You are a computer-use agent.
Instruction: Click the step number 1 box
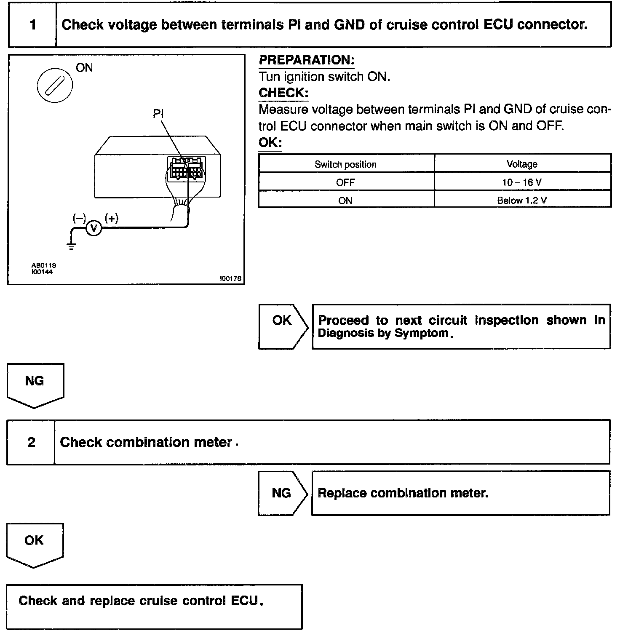tap(33, 25)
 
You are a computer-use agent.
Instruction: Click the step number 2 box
tap(31, 442)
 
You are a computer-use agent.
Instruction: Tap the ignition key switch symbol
tap(55, 85)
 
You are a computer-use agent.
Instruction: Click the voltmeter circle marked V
tap(94, 228)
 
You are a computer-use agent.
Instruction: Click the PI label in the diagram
tap(158, 114)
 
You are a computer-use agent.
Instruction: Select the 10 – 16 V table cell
tap(522, 182)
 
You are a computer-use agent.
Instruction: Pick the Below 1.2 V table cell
tap(522, 200)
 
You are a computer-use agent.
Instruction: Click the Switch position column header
tap(345, 164)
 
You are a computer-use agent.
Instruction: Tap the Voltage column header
tap(522, 164)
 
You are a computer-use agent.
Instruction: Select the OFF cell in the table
tap(345, 182)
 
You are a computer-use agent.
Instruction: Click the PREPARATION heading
tap(306, 60)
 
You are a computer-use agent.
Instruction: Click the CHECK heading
tap(283, 93)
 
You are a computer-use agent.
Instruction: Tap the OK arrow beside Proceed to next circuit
tap(283, 326)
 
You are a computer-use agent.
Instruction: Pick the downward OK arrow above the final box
tap(35, 544)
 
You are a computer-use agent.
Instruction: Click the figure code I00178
tap(230, 278)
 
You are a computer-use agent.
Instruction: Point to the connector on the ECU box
tap(185, 168)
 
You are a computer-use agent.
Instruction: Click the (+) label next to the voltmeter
tap(112, 218)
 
